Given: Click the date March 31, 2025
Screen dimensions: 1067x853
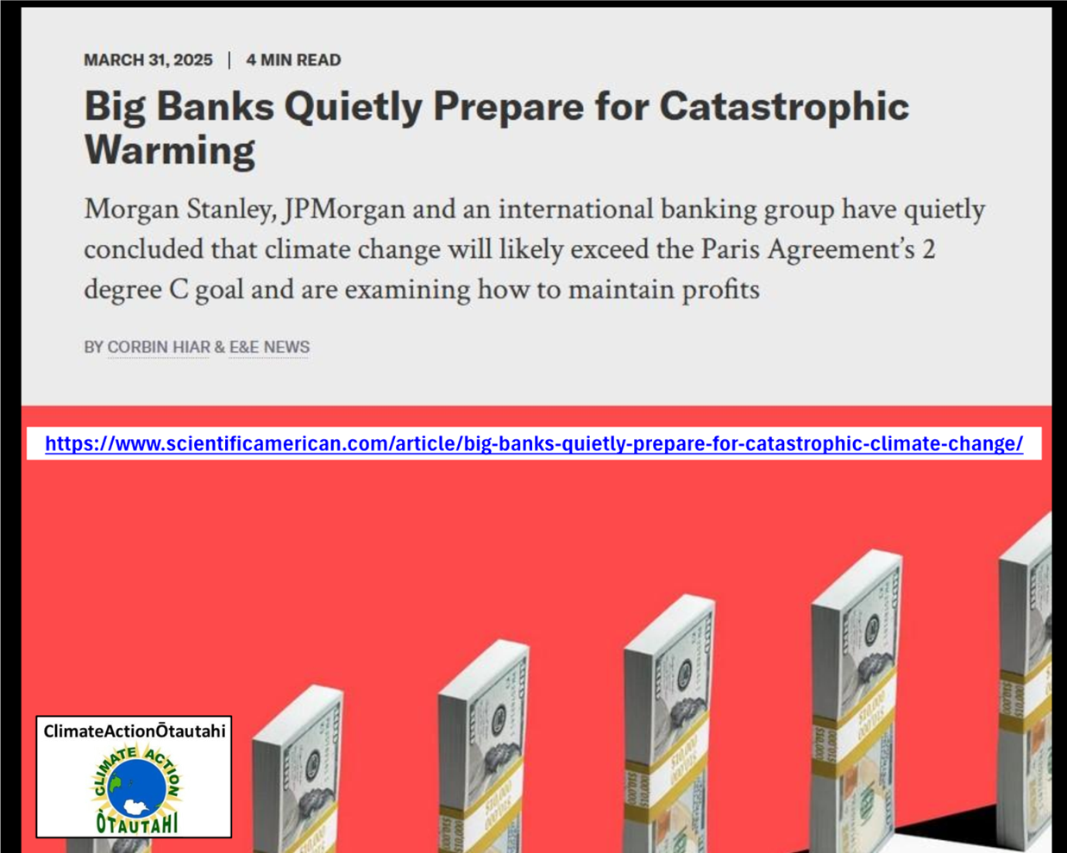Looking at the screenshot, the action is click(x=148, y=60).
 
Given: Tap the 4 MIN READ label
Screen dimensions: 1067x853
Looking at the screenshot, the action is click(x=293, y=60).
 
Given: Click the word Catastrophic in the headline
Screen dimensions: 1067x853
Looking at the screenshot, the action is click(x=784, y=106).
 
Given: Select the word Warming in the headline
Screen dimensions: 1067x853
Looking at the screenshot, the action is click(x=170, y=149).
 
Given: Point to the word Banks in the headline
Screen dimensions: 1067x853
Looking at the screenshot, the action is click(x=215, y=106).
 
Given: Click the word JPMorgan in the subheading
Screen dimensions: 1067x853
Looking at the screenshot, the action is click(x=344, y=210).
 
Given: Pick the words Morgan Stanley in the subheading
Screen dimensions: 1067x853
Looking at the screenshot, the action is click(x=180, y=210).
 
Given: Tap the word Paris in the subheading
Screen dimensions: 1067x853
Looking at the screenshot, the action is click(x=730, y=249).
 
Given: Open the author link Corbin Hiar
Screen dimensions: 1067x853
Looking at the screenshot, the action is click(x=159, y=347).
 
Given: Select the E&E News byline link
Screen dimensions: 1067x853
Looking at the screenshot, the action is click(x=269, y=347).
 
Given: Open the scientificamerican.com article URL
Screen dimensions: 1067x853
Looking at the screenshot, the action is click(x=534, y=443).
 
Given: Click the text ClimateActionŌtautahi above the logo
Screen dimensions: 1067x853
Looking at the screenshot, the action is click(x=135, y=731).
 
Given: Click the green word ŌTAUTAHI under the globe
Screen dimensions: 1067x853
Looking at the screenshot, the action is click(x=137, y=823).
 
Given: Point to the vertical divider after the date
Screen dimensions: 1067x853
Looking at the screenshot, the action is click(x=229, y=60).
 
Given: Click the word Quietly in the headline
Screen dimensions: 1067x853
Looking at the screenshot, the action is click(x=353, y=107).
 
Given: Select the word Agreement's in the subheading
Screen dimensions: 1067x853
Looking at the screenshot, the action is click(x=841, y=250).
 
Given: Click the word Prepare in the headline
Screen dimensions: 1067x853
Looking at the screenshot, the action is click(x=509, y=108).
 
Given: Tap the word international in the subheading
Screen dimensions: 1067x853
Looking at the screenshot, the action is click(x=575, y=210).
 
